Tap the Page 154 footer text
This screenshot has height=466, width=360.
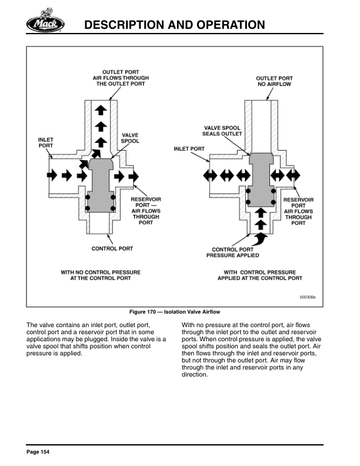coord(38,451)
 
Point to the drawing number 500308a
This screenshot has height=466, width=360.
coord(306,298)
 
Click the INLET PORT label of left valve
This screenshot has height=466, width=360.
coord(46,142)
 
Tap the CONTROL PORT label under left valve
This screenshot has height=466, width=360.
coord(112,248)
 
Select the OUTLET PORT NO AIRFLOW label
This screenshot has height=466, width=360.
coord(274,81)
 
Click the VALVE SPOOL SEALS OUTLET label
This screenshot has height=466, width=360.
coord(223,131)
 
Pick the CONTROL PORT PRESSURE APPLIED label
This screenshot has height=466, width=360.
coord(232,252)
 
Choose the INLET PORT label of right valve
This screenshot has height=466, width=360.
coord(189,149)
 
